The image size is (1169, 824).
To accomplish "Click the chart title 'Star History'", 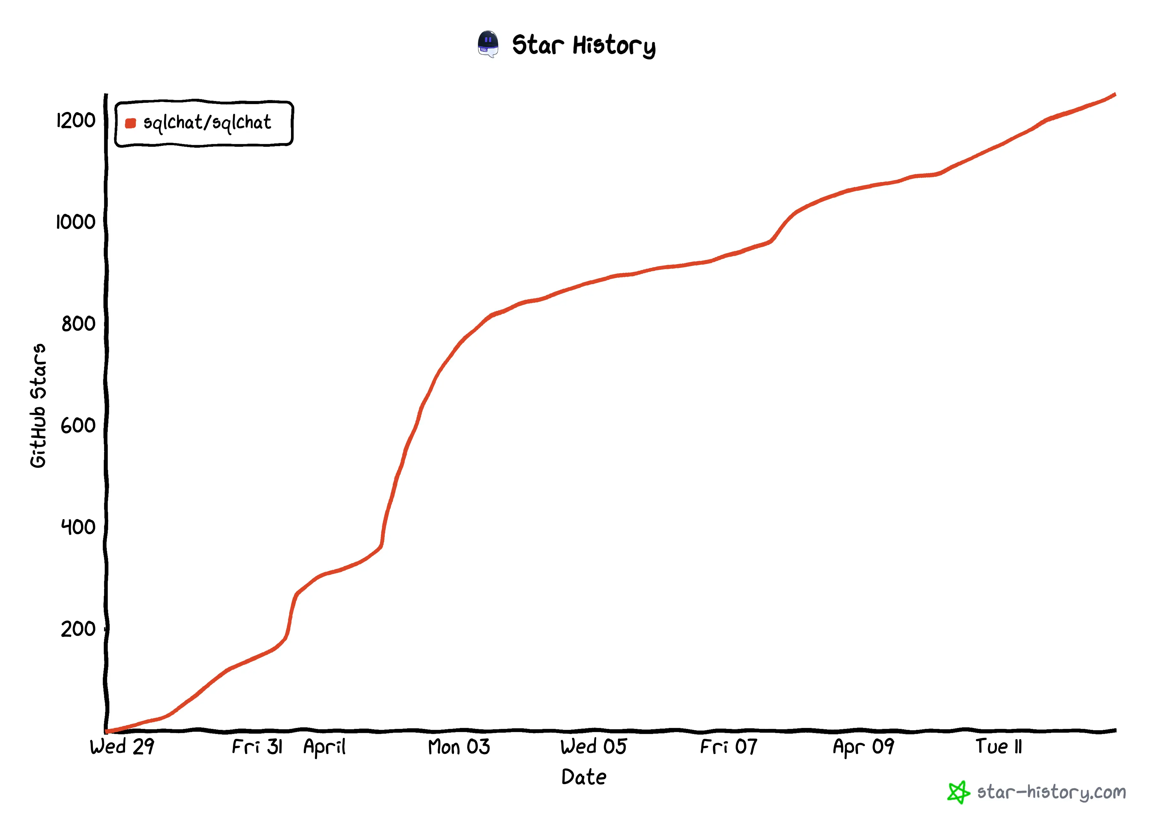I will (x=584, y=45).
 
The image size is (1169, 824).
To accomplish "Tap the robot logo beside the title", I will (x=488, y=44).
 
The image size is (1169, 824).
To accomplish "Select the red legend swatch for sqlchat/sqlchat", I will (x=130, y=123).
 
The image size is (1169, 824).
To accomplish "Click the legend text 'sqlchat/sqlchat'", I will (x=207, y=123).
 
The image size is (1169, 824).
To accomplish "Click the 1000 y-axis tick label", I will (x=75, y=222).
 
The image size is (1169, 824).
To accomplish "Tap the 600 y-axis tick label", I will (x=78, y=425).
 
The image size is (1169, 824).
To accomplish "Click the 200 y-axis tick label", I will (x=78, y=629).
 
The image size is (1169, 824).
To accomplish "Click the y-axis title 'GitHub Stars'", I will (x=38, y=406).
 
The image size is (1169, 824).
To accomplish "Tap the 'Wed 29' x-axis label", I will (x=122, y=747).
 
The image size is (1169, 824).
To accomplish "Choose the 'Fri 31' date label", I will (x=257, y=747).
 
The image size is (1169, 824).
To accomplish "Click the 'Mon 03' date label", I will (x=459, y=747).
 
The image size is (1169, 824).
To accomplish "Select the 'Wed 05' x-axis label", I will (x=594, y=747).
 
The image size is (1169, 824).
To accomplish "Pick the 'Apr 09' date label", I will (x=864, y=747).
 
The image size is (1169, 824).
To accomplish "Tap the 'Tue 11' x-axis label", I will (x=998, y=747).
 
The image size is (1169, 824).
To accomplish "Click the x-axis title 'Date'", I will (x=584, y=777).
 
